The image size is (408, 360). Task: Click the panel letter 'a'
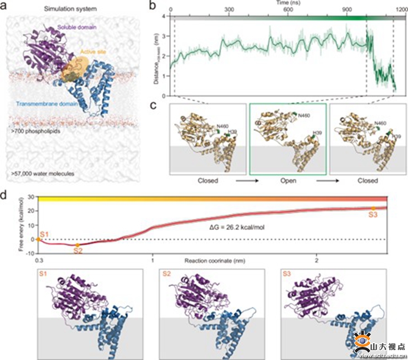[5, 7]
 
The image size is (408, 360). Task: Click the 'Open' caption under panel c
[288, 180]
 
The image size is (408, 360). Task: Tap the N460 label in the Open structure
[304, 117]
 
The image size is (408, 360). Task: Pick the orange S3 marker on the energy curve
[373, 209]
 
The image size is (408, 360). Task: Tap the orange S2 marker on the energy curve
[78, 245]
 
